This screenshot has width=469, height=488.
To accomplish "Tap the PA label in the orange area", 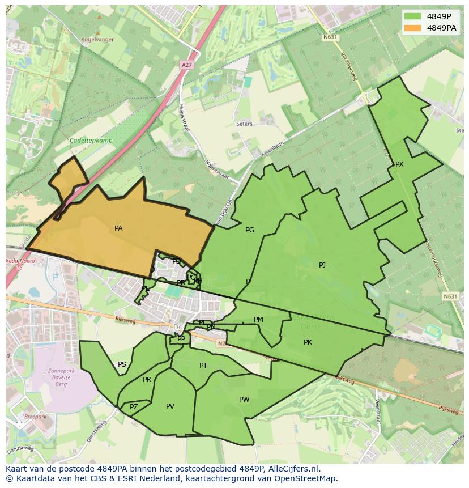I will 118,228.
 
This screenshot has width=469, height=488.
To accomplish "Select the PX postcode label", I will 399,164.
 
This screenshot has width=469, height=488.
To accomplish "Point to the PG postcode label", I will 250,230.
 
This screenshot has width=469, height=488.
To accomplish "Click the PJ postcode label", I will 322,265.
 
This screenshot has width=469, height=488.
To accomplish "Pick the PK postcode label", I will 308,342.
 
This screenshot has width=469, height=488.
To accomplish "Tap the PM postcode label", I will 258,320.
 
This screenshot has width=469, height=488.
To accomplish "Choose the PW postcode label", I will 244,400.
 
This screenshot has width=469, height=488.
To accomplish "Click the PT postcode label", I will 203,366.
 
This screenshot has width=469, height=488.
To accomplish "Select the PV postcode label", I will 170,406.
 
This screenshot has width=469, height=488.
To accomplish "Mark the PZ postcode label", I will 134,407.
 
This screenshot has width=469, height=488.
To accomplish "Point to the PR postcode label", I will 147,380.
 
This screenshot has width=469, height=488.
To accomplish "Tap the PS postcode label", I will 122,364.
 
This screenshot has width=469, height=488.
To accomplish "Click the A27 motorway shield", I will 186,65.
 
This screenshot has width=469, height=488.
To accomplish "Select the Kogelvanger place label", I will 97,39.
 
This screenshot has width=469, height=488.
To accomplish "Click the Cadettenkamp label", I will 91,141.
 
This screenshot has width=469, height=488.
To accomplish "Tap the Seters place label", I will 245,124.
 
